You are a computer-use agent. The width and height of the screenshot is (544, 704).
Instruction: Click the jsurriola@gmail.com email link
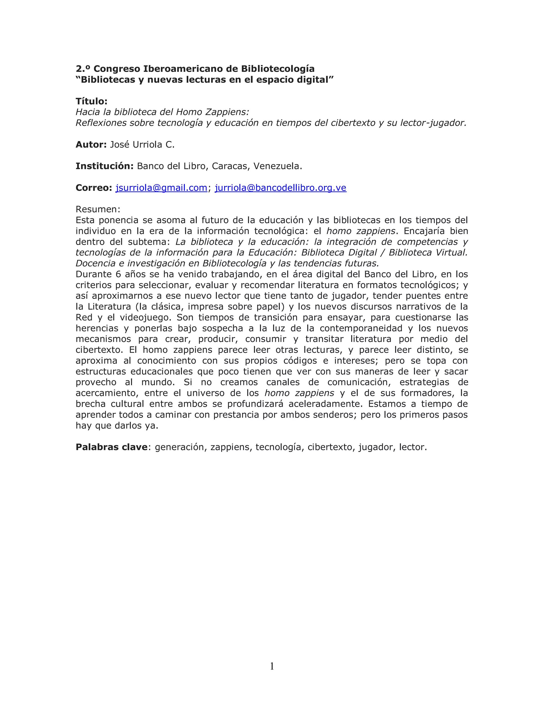tap(161, 188)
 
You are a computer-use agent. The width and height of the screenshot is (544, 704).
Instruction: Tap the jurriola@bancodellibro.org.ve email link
tap(280, 188)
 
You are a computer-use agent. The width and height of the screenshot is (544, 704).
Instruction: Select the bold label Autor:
tap(91, 145)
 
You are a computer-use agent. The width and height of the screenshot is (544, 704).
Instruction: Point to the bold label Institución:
tap(104, 166)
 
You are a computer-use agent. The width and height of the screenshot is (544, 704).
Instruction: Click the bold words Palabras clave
tap(112, 447)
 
